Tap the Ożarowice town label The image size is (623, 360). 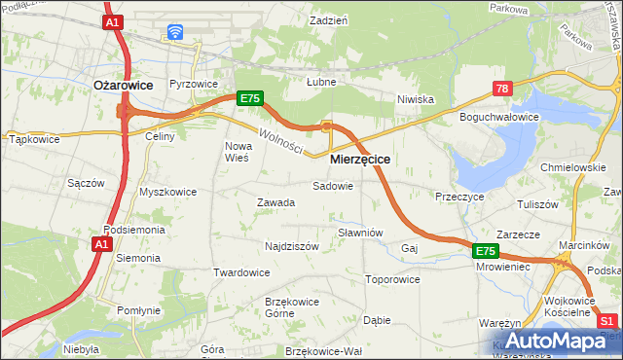123,86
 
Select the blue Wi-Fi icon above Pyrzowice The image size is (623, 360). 175,32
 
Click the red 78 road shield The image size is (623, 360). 502,89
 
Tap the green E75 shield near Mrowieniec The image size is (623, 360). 487,251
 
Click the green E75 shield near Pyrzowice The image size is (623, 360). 249,98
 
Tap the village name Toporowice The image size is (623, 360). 391,279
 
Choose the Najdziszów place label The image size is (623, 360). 292,246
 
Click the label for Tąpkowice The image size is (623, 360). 34,139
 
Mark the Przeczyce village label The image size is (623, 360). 460,196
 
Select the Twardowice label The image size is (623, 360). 241,272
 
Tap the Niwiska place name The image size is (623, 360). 415,99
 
